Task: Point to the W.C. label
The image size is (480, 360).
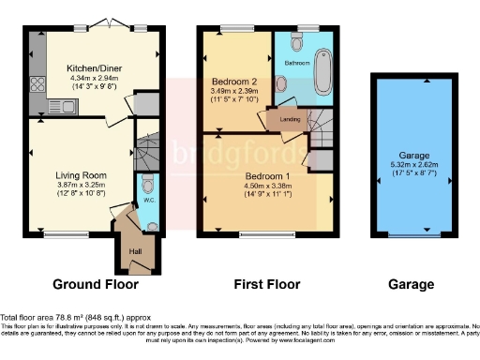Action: pos(149,201)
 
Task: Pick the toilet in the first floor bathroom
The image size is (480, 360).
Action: pos(297,42)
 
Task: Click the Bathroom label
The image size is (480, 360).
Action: pos(296,62)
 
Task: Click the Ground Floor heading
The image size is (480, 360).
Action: pos(95,284)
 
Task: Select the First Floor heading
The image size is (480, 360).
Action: pos(266,284)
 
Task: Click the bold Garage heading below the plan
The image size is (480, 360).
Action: pos(410,284)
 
